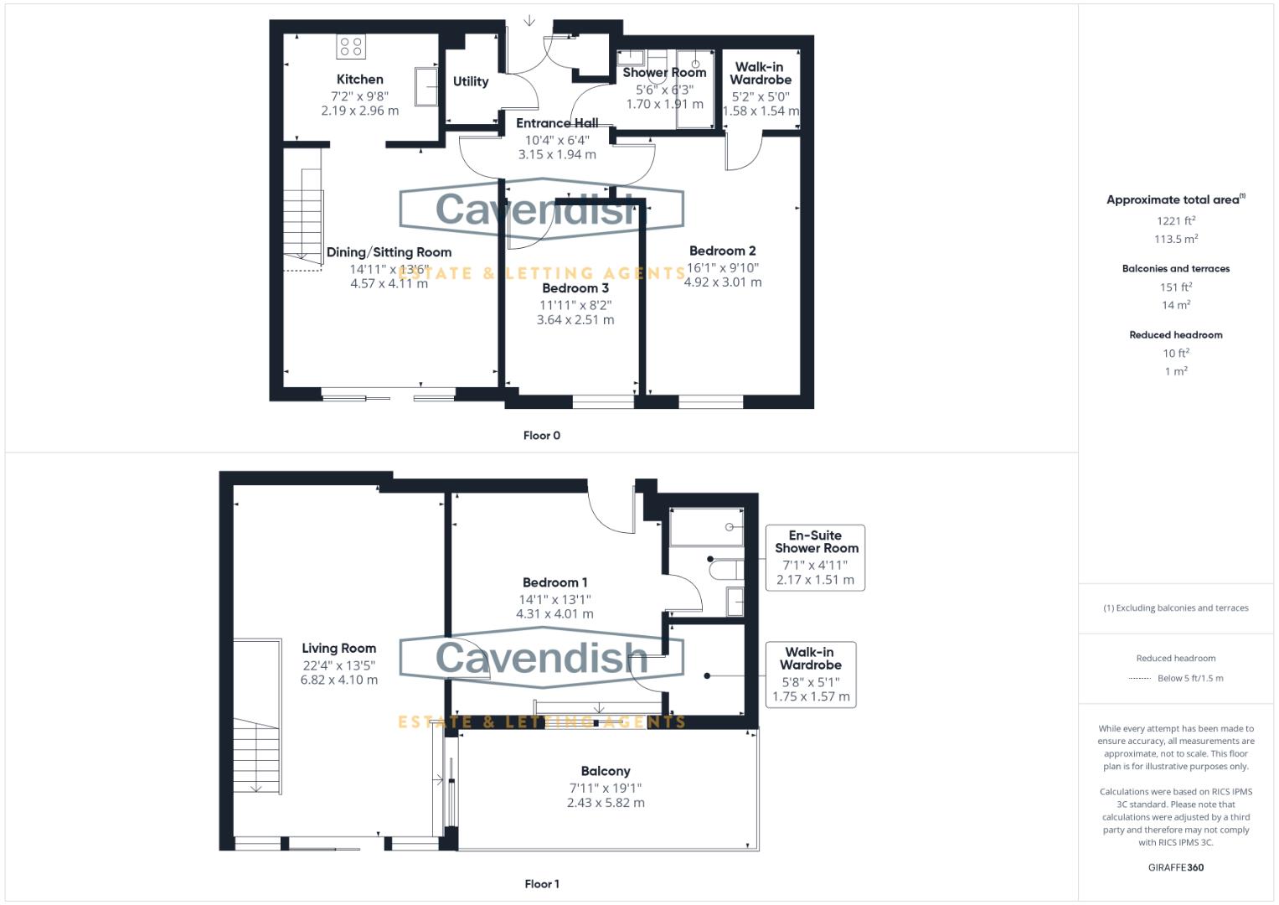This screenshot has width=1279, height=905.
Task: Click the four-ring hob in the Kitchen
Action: (351, 46)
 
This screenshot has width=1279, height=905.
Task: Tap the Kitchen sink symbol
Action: (426, 87)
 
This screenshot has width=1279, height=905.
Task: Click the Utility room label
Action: (471, 82)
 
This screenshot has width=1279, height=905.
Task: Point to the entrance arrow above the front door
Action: (529, 21)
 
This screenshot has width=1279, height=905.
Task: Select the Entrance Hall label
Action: (557, 123)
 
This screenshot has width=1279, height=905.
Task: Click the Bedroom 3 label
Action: (575, 288)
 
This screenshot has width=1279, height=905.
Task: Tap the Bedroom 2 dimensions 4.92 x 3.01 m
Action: (723, 282)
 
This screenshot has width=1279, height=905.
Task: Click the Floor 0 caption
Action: (542, 436)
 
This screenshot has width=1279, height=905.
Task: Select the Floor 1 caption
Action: (542, 884)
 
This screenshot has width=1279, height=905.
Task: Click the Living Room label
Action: (339, 649)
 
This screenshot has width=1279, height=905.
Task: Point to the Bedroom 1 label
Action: (555, 582)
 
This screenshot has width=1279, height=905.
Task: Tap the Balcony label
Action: (606, 771)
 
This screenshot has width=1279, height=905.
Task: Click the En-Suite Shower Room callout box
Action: (815, 557)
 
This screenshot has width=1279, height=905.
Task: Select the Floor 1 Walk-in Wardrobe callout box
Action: (811, 675)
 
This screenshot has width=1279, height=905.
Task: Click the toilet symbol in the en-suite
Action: (726, 570)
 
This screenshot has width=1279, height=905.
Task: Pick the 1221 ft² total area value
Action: (1176, 220)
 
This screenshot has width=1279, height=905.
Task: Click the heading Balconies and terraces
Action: (1176, 268)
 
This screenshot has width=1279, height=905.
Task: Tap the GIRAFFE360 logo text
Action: (1176, 867)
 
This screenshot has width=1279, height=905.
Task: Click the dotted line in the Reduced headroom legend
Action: (1140, 679)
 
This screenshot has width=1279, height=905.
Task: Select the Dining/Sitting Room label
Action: (389, 252)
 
